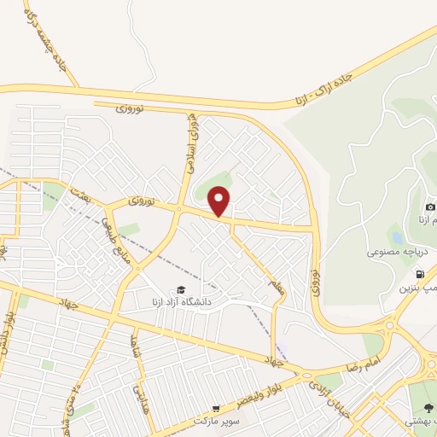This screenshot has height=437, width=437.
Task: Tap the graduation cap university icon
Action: (181, 289)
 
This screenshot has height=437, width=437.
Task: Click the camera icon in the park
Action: (430, 207)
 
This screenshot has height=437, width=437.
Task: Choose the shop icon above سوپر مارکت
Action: (216, 409)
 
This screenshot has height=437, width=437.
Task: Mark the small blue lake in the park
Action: (394, 236)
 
